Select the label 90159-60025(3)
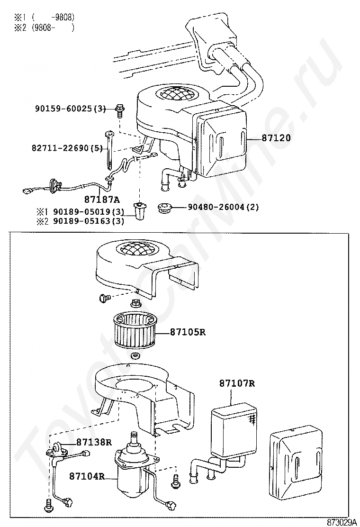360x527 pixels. point(70,109)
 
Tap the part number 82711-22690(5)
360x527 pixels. point(67,148)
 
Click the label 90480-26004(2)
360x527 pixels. point(223,207)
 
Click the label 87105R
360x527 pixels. point(188,332)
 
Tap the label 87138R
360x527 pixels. point(94,442)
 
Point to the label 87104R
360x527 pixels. point(87,476)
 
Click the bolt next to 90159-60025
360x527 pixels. point(118,110)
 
